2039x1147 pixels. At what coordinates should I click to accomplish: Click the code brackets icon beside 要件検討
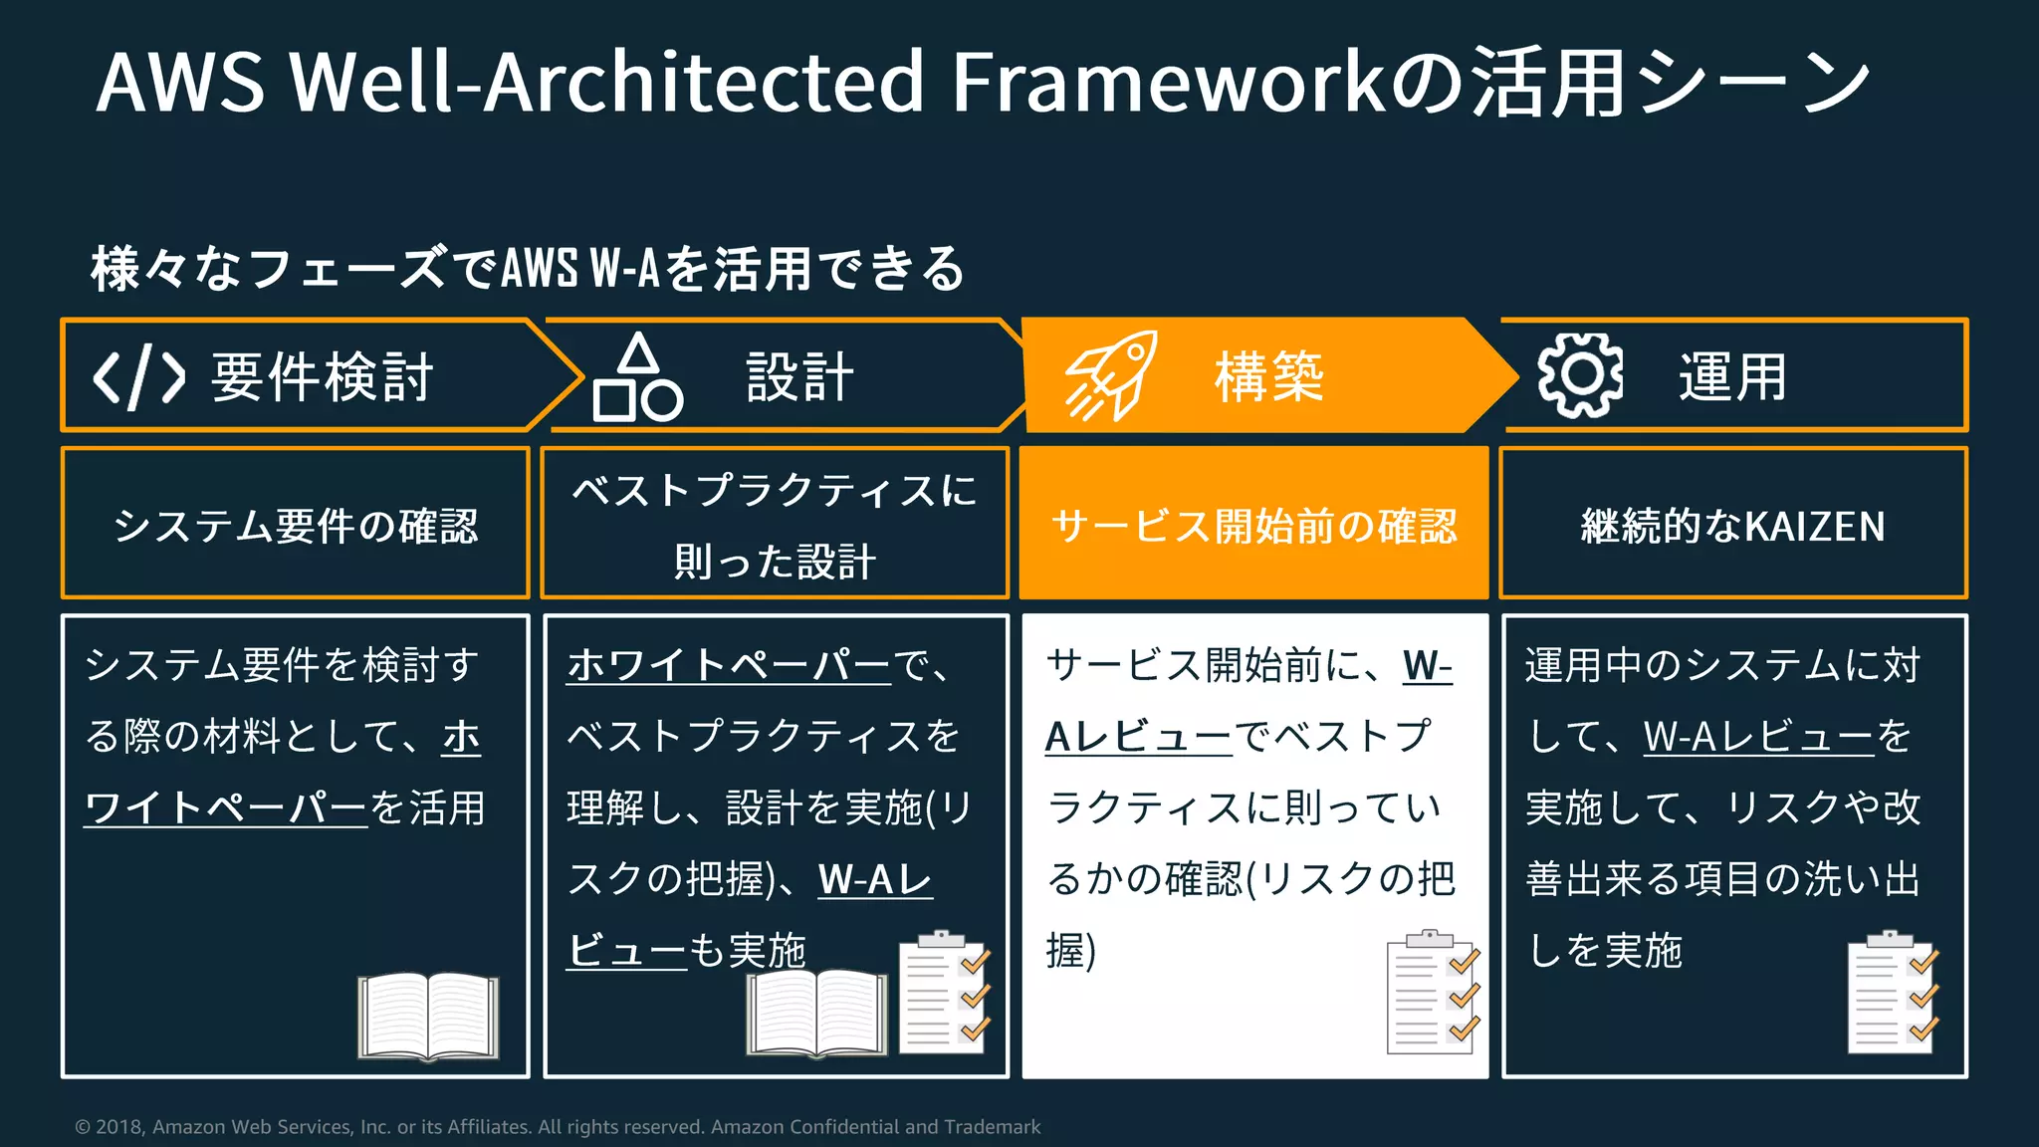(138, 377)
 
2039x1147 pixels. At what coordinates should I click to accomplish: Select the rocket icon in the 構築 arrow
(1110, 376)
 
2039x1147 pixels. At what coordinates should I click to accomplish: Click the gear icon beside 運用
(1580, 375)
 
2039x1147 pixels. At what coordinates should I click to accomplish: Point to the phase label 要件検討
(322, 377)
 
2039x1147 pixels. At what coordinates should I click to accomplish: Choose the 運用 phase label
(1732, 377)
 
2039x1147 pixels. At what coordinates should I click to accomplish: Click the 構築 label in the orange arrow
(1268, 377)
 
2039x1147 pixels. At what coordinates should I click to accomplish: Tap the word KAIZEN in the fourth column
(1815, 526)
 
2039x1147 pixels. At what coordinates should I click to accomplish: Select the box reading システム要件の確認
(296, 525)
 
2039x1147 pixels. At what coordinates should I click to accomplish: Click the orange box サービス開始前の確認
(1253, 525)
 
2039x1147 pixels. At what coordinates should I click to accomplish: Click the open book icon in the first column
(429, 1016)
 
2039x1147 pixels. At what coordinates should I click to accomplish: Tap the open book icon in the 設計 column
(816, 1012)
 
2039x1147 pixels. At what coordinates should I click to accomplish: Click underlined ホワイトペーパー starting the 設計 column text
(729, 665)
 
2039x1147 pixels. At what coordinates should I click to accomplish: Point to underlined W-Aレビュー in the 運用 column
(1759, 737)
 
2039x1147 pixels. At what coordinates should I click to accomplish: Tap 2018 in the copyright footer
(118, 1127)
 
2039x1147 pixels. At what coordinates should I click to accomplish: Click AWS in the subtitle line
(539, 269)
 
